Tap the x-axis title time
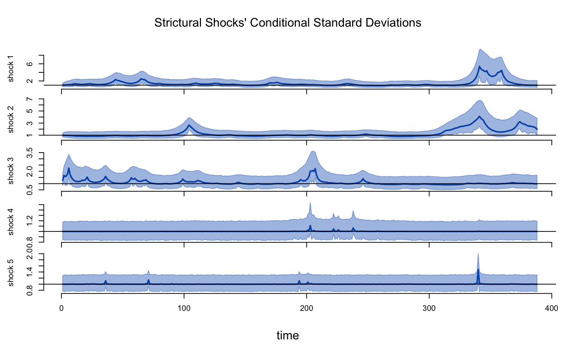coord(288,335)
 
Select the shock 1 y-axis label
coord(11,69)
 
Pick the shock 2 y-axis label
coord(11,119)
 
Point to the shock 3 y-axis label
coord(11,171)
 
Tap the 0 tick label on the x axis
coord(61,308)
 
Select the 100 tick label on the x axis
coord(184,308)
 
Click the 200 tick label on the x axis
coord(307,308)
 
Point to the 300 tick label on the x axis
coord(429,308)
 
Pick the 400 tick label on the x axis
coord(552,308)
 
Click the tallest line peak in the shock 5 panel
coord(478,270)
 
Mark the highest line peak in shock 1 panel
coord(480,67)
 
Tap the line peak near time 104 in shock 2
coord(189,125)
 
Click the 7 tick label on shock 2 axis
coord(30,99)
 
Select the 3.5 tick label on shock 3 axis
coord(30,153)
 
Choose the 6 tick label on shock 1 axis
coord(30,64)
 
